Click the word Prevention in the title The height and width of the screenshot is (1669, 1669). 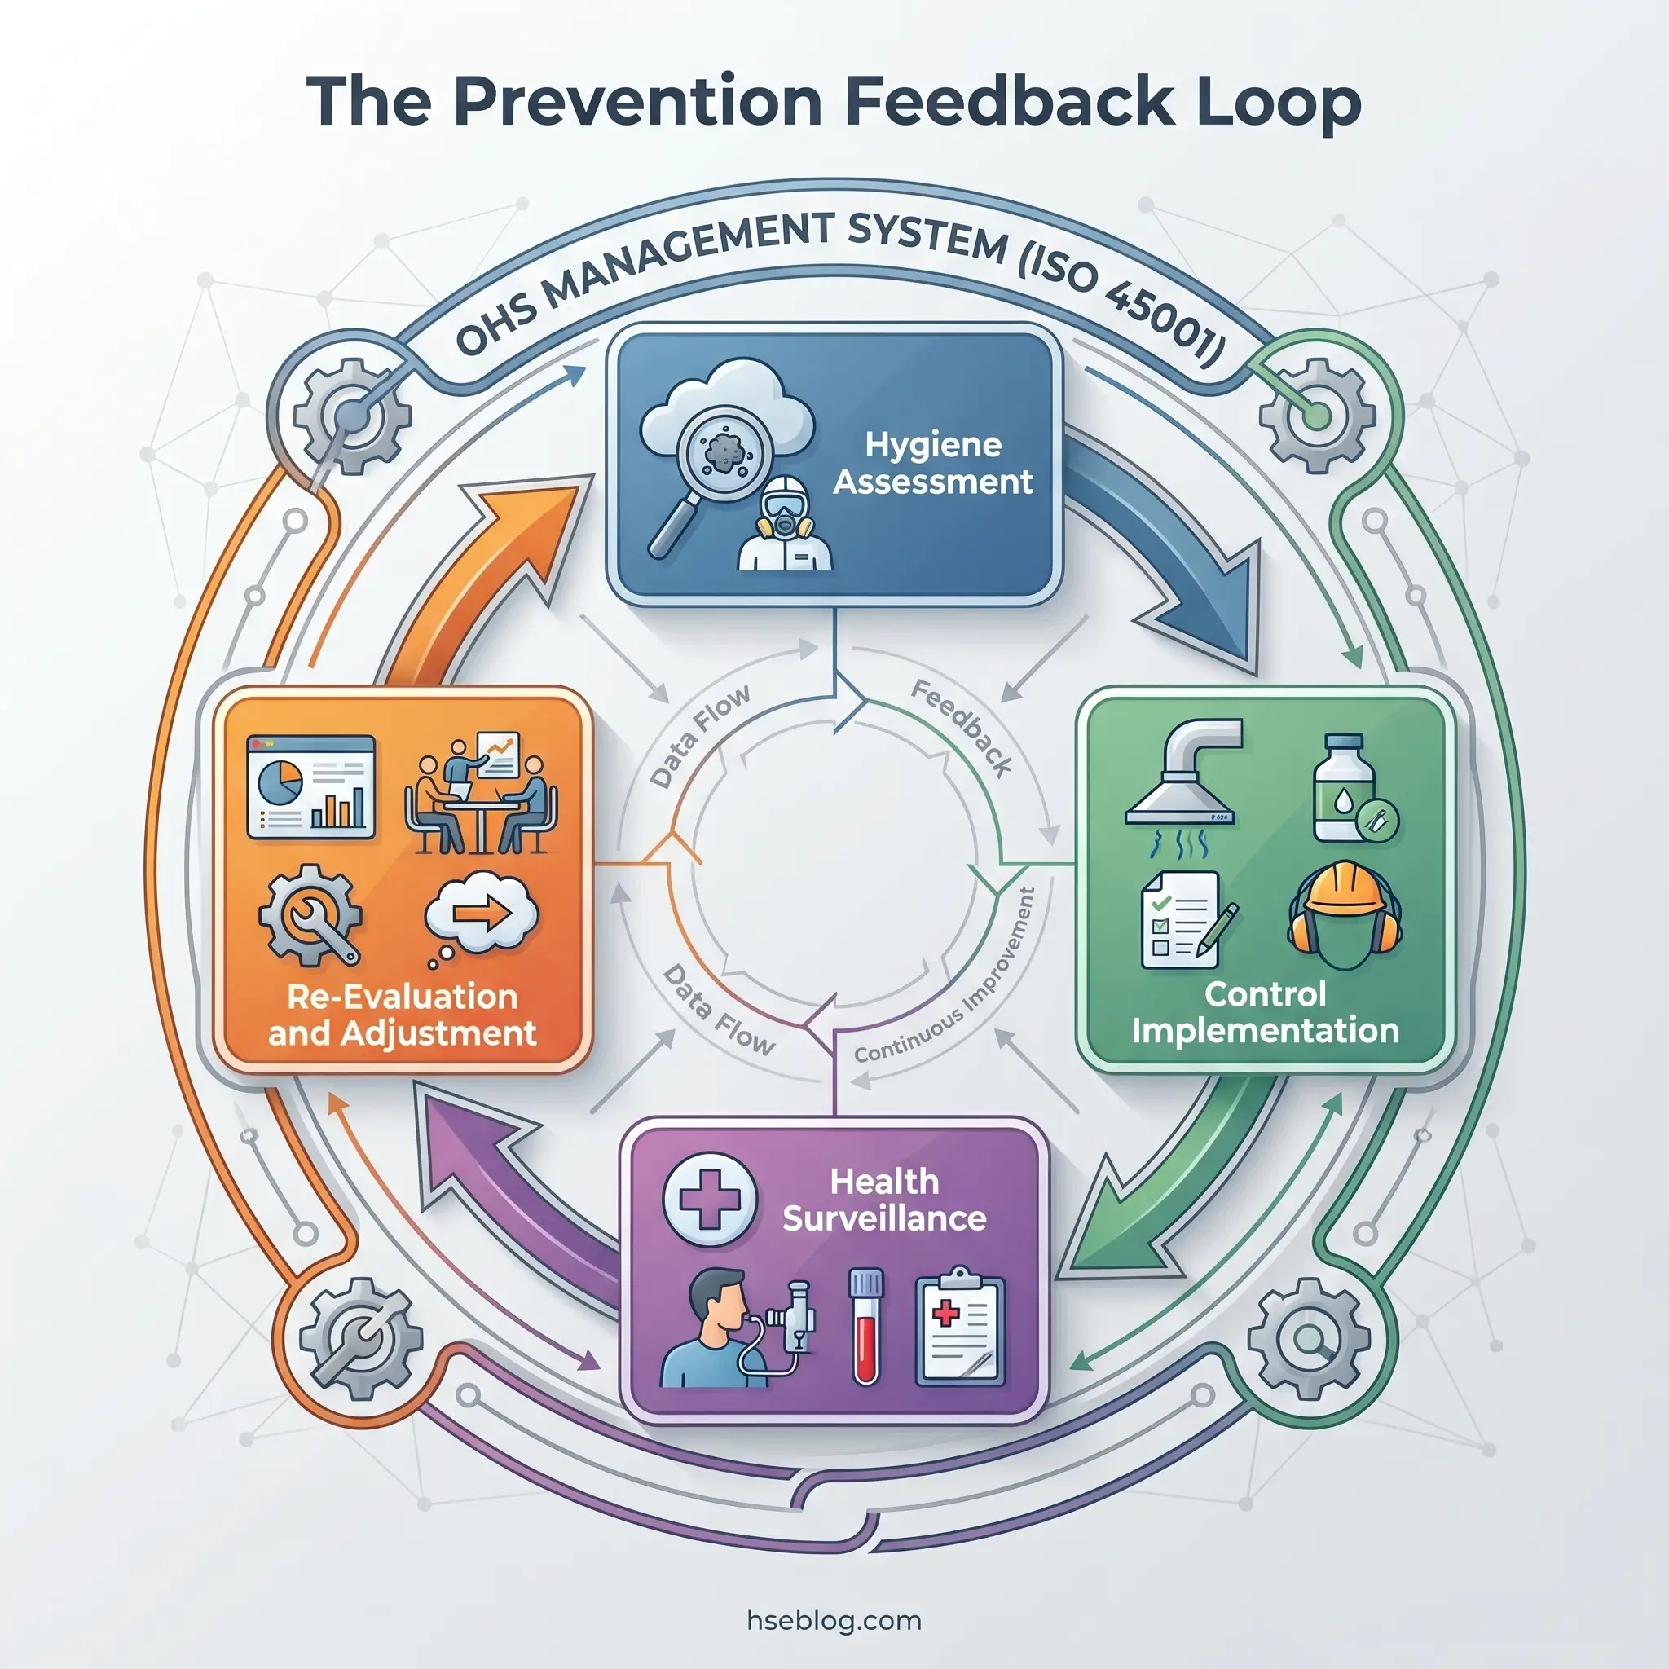(x=636, y=103)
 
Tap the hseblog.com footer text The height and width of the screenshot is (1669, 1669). (x=834, y=1620)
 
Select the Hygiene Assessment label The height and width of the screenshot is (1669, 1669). (x=932, y=463)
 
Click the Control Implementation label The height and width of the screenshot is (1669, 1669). (x=1265, y=1012)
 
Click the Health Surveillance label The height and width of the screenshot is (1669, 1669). (x=883, y=1200)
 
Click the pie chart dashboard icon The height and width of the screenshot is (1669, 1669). (x=310, y=787)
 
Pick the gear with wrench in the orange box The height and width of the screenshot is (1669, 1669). (x=311, y=916)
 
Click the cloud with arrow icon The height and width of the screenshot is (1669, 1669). (x=480, y=916)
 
